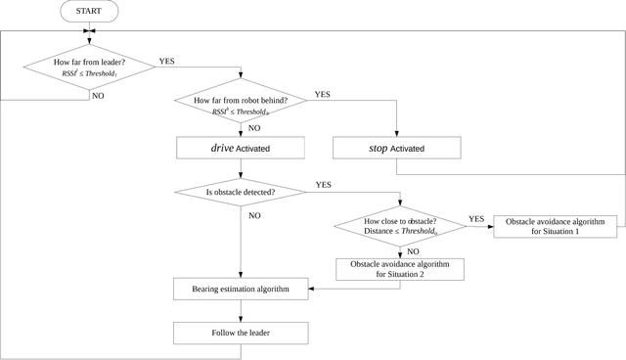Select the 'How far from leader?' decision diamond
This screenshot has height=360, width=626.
click(x=89, y=67)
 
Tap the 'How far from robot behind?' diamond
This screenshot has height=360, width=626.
click(x=241, y=106)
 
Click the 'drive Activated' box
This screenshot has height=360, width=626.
click(x=241, y=148)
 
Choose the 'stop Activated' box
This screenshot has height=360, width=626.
click(x=397, y=148)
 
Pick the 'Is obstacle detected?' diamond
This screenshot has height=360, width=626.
click(x=241, y=192)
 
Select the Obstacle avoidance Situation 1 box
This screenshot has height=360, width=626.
click(x=556, y=226)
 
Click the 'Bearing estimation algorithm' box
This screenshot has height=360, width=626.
click(x=241, y=289)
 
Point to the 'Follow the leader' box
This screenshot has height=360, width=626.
click(x=241, y=333)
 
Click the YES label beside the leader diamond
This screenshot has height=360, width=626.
click(x=167, y=61)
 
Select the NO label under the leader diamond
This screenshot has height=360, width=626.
click(x=97, y=96)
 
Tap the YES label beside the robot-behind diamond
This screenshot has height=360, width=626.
click(x=322, y=95)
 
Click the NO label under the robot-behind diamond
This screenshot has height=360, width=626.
click(x=253, y=128)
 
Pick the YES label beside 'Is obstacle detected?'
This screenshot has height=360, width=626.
click(x=323, y=183)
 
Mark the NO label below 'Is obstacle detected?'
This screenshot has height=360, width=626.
click(x=254, y=214)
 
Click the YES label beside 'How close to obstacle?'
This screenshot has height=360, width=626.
click(x=476, y=218)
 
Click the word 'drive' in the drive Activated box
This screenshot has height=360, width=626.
click(x=221, y=148)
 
